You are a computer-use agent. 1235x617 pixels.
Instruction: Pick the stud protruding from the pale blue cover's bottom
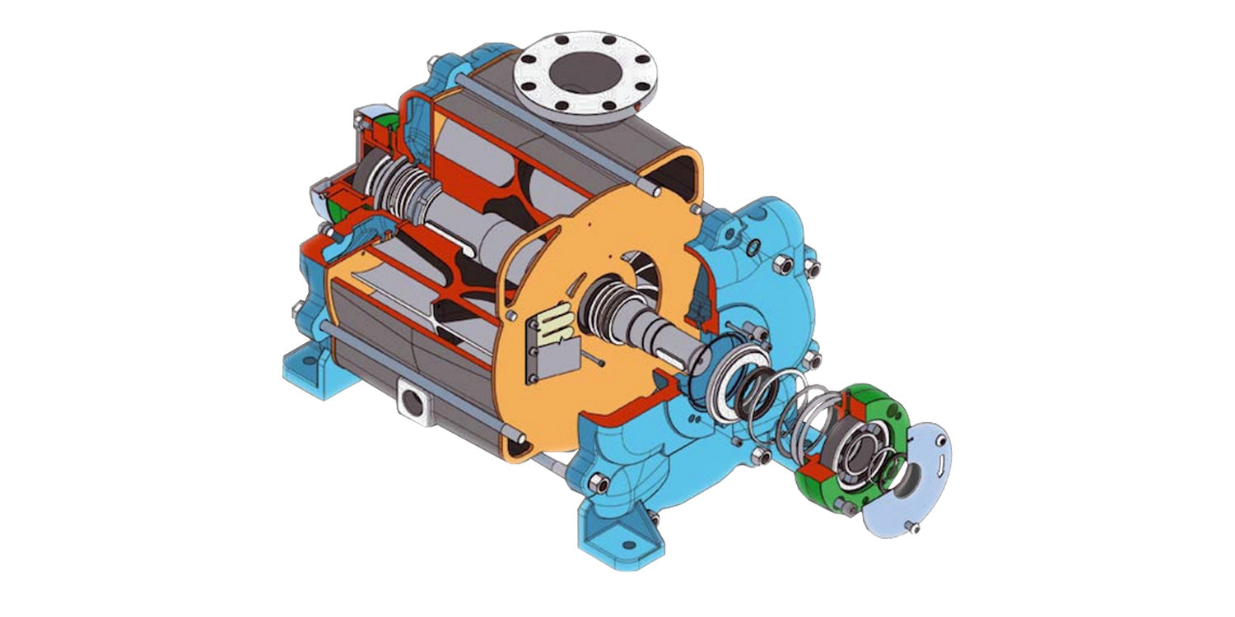click(907, 527)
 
